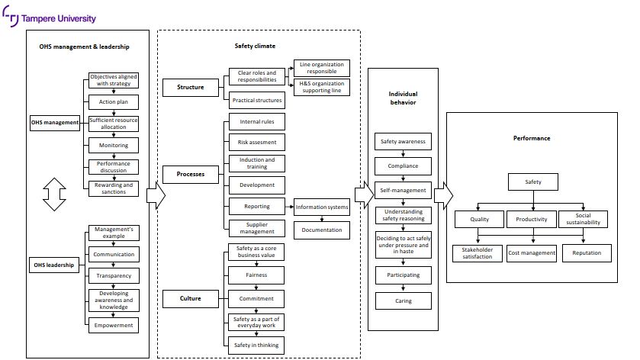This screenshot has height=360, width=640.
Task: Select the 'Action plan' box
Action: coord(114,101)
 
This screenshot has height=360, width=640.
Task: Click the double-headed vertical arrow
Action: coord(54,194)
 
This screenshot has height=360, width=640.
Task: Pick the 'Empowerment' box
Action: coord(114,325)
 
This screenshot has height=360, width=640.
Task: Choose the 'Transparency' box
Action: coord(114,275)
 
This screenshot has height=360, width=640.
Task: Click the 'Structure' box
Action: coord(191,88)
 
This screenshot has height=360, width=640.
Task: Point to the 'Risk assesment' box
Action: coord(256,143)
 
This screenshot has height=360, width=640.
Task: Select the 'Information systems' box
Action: coord(322,207)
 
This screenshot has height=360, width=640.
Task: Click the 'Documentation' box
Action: coord(322,229)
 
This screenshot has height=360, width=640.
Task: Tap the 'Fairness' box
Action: coord(256,275)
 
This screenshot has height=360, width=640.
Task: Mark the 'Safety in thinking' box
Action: coord(256,346)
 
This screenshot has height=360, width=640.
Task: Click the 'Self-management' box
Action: coord(404,189)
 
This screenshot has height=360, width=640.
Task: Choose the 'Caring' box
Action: coord(404,301)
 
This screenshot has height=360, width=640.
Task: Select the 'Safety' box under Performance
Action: coord(533,182)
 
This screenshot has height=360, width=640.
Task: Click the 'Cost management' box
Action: coord(532,253)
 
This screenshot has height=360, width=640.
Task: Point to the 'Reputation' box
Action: coord(587,253)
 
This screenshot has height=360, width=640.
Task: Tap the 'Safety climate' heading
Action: coord(255,47)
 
